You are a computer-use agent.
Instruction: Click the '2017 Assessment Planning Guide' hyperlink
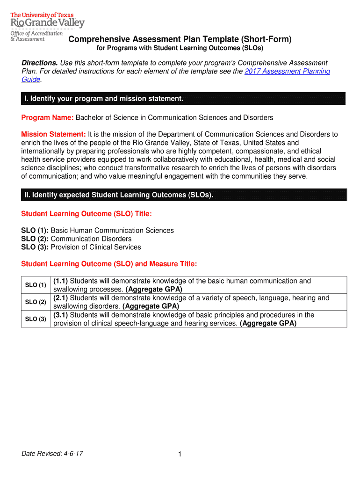288,71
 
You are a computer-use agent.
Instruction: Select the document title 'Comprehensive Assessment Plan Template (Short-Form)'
180,39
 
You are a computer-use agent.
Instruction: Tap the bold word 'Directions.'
40,63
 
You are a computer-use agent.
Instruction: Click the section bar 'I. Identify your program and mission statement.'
103,99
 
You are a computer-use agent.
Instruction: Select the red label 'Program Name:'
48,117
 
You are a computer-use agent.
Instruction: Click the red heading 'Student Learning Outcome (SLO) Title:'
86,214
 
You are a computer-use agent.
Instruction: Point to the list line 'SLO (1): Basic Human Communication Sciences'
97,231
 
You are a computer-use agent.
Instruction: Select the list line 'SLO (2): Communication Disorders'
76,239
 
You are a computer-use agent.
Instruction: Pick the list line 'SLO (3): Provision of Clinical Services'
81,247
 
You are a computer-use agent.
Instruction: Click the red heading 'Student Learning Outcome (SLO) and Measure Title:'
109,264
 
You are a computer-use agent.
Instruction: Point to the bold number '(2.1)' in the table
61,298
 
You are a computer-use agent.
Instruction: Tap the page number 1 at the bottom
180,455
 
